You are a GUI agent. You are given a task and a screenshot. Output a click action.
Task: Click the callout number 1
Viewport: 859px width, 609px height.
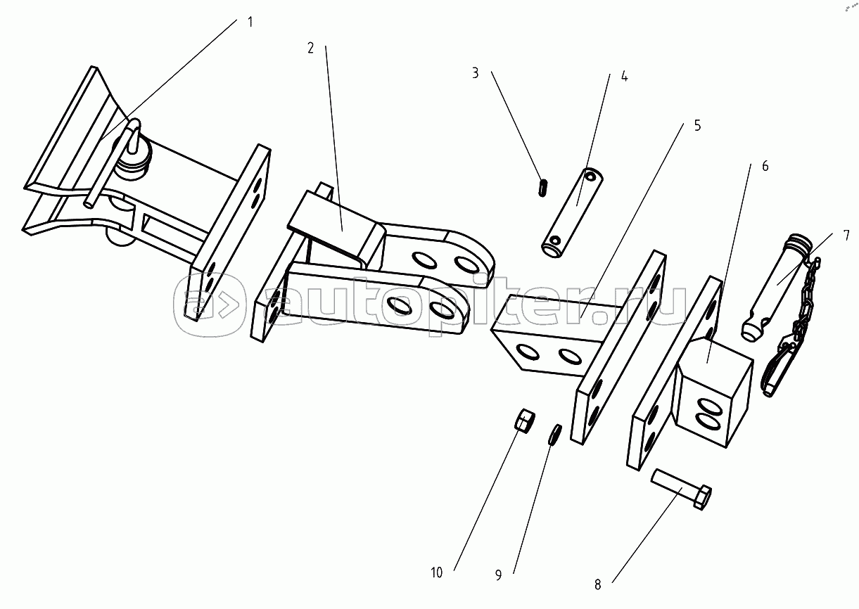[250, 23]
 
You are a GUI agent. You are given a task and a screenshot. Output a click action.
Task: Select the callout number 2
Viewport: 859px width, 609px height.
[311, 48]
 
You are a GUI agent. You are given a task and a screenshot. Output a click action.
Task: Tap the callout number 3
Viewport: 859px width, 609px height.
[476, 73]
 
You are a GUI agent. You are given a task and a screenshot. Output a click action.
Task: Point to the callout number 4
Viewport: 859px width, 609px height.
[624, 76]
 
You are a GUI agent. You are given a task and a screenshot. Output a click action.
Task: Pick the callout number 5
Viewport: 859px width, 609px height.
[698, 126]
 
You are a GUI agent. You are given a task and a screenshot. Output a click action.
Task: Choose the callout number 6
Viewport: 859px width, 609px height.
[765, 166]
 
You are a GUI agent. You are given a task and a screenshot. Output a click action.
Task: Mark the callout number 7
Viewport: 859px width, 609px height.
[846, 236]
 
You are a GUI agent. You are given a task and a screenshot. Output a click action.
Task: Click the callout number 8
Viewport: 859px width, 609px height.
[597, 585]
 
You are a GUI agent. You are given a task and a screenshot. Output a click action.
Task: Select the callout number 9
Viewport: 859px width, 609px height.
[498, 575]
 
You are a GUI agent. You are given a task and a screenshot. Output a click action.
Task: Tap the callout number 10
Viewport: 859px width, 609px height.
[436, 572]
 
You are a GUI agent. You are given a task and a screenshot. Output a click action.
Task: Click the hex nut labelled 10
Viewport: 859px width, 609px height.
[526, 420]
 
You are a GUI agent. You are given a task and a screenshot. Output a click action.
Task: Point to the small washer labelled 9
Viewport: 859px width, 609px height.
[555, 435]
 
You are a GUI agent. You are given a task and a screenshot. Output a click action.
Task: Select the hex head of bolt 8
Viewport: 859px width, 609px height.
[703, 497]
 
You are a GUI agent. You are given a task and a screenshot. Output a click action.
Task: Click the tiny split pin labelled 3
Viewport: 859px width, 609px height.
[542, 188]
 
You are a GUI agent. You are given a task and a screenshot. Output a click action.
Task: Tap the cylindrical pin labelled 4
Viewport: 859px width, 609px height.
[572, 212]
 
